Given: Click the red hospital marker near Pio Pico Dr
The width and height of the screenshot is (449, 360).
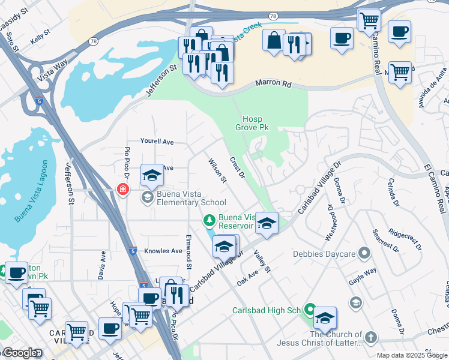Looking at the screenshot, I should tap(123, 190).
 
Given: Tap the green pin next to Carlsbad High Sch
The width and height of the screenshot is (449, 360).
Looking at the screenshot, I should tap(309, 310).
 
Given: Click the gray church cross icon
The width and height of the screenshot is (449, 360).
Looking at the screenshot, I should tap(371, 338).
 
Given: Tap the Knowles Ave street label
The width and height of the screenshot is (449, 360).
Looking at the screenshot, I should tap(163, 251).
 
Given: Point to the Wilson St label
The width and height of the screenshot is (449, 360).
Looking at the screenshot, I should tap(217, 170).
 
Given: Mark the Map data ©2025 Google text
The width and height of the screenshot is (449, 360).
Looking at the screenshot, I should tap(412, 355).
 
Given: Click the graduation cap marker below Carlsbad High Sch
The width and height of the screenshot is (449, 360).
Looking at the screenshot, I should tap(325, 318).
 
